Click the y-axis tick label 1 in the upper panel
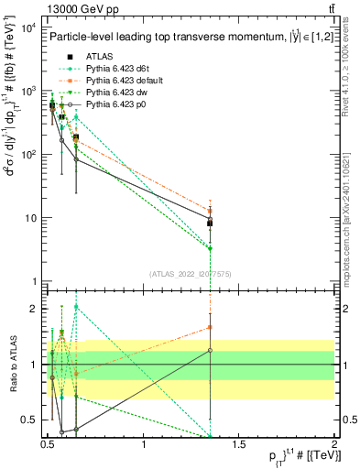(x=31, y=281)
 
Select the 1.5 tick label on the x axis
(x=239, y=444)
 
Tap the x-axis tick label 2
(x=333, y=444)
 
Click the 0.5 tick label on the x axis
(x=49, y=444)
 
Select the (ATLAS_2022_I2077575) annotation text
(x=190, y=273)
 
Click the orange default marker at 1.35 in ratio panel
(x=211, y=327)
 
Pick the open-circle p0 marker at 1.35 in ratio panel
(x=211, y=350)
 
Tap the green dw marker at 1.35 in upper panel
(x=211, y=248)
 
